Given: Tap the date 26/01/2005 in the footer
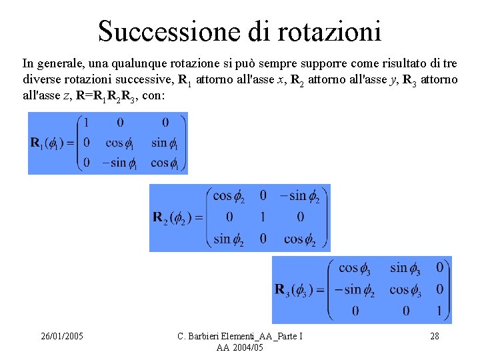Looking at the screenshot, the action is tap(61, 336).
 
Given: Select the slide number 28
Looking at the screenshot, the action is tap(434, 336).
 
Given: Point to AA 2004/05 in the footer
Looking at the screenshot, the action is tap(240, 347).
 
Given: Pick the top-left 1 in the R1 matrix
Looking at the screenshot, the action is tap(85, 123).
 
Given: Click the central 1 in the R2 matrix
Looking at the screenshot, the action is tap(263, 217).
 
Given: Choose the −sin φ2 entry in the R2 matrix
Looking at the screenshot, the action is tap(299, 196).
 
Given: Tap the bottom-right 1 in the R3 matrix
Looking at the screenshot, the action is tap(438, 310).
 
